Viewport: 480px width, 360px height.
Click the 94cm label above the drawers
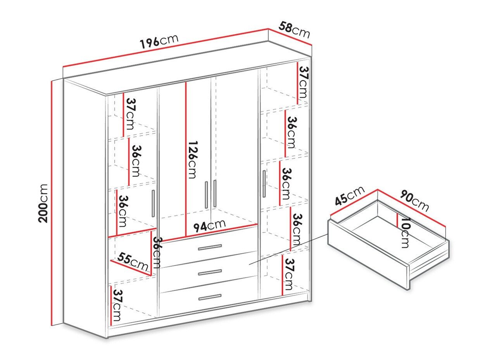(x=209, y=226)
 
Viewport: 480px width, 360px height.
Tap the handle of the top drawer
(x=210, y=247)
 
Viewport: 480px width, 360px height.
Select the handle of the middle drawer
(x=210, y=272)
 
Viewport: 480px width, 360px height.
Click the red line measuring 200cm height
(x=52, y=203)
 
